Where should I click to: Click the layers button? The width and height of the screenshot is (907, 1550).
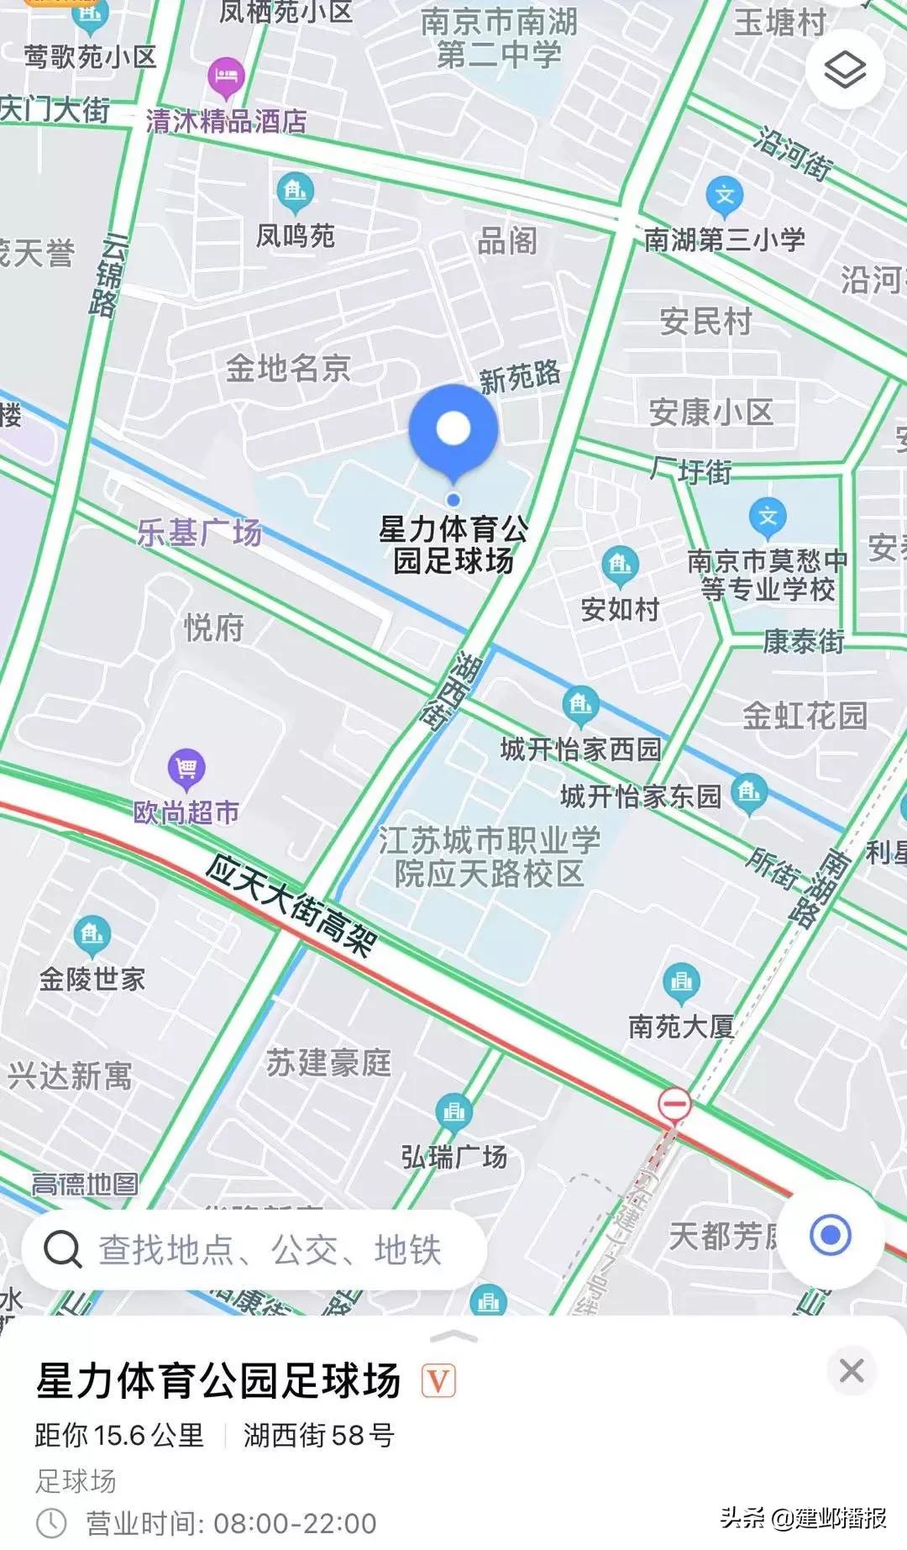point(845,69)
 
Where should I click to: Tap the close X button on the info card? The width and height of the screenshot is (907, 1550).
point(852,1370)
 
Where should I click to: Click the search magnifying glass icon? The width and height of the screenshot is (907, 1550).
point(63,1249)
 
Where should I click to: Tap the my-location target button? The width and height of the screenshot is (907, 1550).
point(830,1235)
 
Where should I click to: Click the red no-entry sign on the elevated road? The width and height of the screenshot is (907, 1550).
point(674,1103)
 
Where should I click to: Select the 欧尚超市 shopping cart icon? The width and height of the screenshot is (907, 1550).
point(186,767)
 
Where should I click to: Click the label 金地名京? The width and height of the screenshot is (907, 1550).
point(288,368)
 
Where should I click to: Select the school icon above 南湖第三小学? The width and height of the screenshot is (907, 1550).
point(724,197)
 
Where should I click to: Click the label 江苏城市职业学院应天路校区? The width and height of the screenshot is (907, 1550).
point(490,856)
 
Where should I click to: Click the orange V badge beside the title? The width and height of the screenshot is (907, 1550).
point(438,1379)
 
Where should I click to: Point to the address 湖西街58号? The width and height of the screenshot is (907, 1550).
point(318,1435)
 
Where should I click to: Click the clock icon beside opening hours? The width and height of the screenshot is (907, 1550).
point(52,1521)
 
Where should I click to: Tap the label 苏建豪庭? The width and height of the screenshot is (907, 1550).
point(329,1063)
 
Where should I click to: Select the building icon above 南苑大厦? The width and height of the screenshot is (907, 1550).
point(681,981)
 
